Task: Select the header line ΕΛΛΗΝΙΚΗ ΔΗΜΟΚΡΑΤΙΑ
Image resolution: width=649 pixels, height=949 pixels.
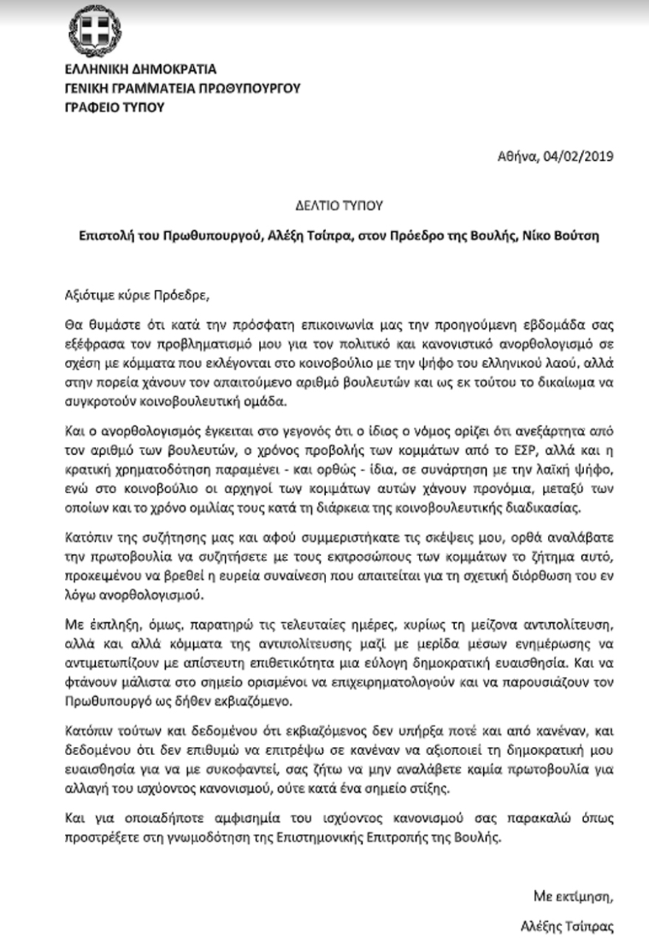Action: pyautogui.click(x=139, y=70)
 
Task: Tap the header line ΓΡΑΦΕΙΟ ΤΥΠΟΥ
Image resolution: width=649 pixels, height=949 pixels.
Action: pyautogui.click(x=113, y=107)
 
